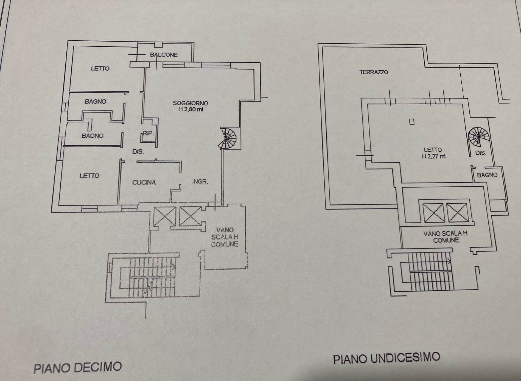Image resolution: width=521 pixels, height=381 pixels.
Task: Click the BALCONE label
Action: (x=164, y=55)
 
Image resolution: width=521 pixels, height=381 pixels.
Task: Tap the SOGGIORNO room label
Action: (x=190, y=103)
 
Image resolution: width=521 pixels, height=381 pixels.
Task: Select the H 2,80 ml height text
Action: (x=191, y=110)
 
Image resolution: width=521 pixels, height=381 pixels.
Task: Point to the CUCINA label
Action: (x=144, y=182)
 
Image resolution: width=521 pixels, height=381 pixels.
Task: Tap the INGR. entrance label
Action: (x=200, y=181)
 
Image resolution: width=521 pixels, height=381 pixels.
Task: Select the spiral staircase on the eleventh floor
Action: (x=478, y=137)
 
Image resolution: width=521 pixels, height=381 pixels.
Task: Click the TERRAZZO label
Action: (x=374, y=72)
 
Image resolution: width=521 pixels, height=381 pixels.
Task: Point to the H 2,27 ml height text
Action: (x=433, y=157)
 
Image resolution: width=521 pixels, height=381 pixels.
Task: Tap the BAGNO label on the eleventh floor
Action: (x=487, y=175)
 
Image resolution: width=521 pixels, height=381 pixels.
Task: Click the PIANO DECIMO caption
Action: (x=78, y=368)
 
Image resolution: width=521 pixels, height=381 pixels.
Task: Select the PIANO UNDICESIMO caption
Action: (x=386, y=358)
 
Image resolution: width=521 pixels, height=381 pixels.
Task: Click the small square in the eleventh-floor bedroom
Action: (x=412, y=121)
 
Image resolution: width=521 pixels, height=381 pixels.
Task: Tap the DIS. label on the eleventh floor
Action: (x=481, y=153)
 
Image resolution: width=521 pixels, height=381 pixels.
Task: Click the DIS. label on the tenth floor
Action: (x=138, y=152)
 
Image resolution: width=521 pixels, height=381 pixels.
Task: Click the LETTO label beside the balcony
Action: (x=100, y=68)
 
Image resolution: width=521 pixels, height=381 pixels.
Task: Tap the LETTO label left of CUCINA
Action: (x=89, y=176)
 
